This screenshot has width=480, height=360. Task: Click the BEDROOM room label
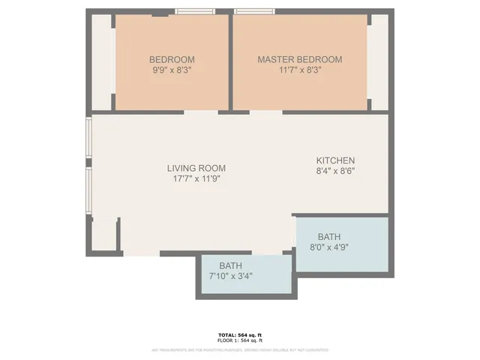pyautogui.click(x=172, y=60)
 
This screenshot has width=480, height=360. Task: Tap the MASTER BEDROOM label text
pyautogui.click(x=299, y=60)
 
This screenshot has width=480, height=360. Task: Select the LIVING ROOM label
pyautogui.click(x=196, y=168)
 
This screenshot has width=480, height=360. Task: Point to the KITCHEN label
pyautogui.click(x=335, y=160)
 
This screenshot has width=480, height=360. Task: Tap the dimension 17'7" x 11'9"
pyautogui.click(x=196, y=178)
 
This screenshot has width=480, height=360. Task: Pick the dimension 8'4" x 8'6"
pyautogui.click(x=335, y=171)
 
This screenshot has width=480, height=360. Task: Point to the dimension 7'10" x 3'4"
pyautogui.click(x=230, y=276)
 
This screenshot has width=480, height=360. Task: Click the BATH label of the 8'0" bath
pyautogui.click(x=328, y=235)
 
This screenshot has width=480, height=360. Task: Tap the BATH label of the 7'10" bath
pyautogui.click(x=230, y=266)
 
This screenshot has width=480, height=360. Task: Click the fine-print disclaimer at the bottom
pyautogui.click(x=240, y=347)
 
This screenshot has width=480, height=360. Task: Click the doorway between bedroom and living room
pyautogui.click(x=201, y=112)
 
